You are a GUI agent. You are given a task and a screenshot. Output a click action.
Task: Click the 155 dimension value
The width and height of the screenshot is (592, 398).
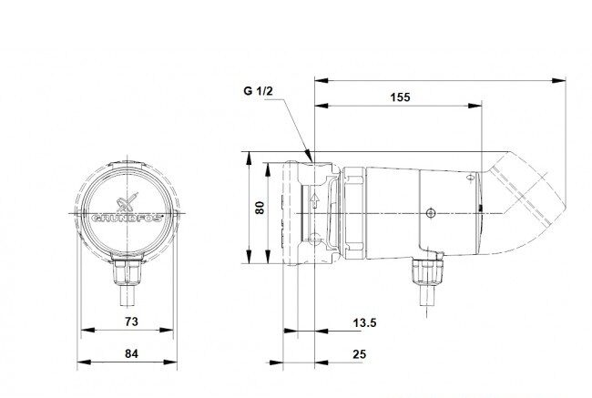click(400, 97)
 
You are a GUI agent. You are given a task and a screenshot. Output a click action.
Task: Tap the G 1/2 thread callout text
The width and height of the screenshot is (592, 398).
click(258, 91)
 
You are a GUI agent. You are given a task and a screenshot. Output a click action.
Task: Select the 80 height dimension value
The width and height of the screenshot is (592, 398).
click(260, 208)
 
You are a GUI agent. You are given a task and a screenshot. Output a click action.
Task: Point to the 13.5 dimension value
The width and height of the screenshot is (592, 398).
click(364, 322)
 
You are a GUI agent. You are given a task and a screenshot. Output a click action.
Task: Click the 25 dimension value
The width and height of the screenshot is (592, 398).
click(360, 354)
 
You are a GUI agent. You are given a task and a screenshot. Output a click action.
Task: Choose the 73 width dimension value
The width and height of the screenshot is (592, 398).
click(131, 321)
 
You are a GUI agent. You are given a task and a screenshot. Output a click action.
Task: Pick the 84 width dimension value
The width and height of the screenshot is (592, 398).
click(131, 353)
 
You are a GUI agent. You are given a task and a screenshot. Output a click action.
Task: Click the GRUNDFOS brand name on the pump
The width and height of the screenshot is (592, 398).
click(128, 219)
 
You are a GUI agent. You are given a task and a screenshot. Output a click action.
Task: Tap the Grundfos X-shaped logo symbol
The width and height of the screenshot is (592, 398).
click(127, 201)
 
